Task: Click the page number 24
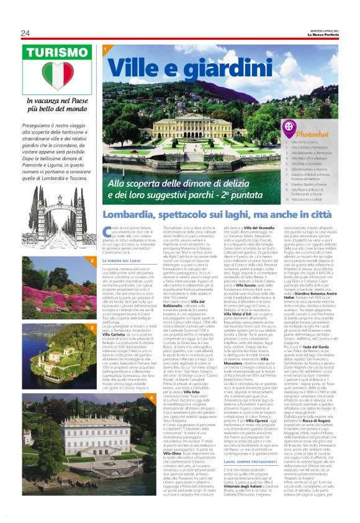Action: click(25, 33)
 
